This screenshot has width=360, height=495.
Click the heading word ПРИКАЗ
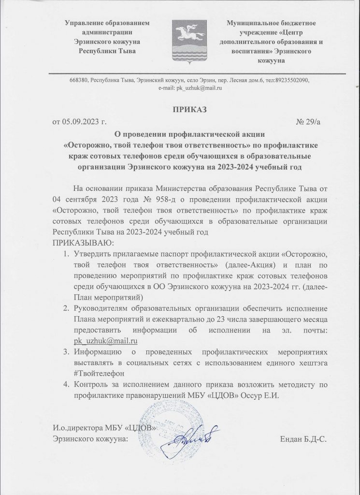click(x=189, y=109)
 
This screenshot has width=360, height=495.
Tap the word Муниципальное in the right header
click(x=253, y=22)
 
